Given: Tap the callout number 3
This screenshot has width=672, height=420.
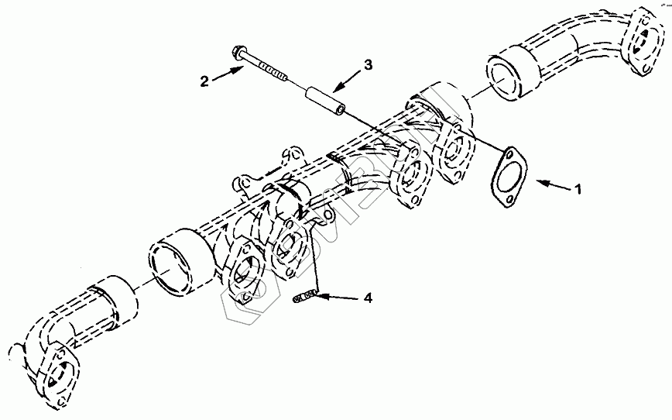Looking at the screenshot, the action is [x=368, y=64].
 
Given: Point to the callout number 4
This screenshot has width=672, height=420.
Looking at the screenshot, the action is [x=368, y=298].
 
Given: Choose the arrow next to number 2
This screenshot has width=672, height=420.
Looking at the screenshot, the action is [x=228, y=74].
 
